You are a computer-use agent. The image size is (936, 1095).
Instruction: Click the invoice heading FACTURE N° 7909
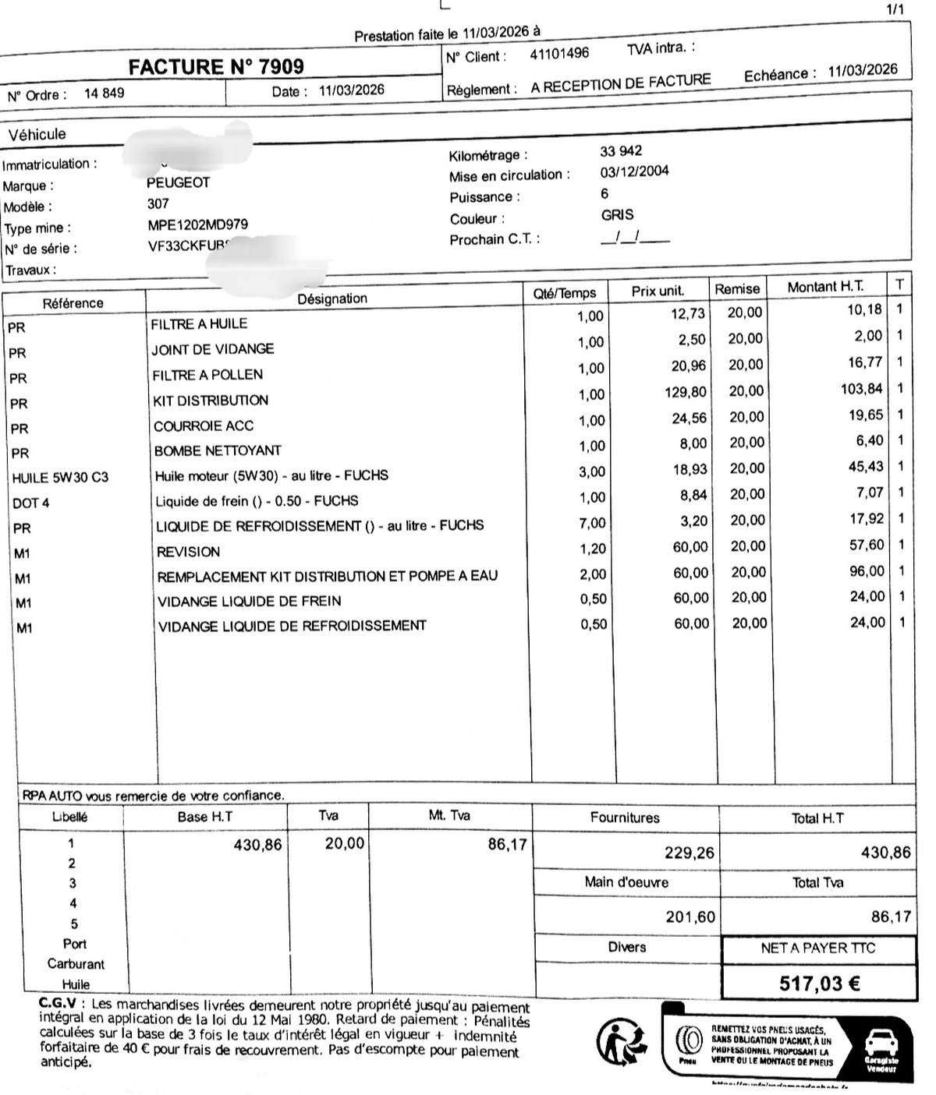tap(216, 67)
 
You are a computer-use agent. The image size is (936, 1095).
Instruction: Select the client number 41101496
tap(559, 55)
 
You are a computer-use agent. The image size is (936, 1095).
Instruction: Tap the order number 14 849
tap(104, 94)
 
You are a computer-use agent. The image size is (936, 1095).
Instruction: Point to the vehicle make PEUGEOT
tap(179, 182)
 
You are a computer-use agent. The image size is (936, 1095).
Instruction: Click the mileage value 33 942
tap(621, 151)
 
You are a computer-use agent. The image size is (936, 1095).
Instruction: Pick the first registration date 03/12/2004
tap(634, 171)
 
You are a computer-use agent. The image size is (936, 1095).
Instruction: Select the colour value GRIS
tap(617, 214)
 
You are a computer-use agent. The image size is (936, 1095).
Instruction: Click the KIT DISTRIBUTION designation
tap(211, 401)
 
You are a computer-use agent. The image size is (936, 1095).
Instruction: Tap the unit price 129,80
tap(686, 392)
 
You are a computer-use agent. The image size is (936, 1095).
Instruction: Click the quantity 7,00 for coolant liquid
tap(592, 523)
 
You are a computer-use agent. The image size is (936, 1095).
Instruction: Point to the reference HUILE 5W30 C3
tap(60, 478)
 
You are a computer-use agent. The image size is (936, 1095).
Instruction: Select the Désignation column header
tap(332, 298)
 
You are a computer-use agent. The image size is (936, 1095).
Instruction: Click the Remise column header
tap(737, 289)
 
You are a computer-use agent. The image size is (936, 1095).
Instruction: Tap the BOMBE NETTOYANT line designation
tap(218, 450)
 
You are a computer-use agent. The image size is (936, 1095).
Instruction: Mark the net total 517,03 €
tap(820, 984)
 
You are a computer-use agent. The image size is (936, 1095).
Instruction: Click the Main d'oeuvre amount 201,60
tap(690, 917)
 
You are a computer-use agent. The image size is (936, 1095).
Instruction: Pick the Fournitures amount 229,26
tap(689, 853)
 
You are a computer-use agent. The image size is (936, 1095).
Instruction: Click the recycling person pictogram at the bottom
tap(621, 1043)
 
